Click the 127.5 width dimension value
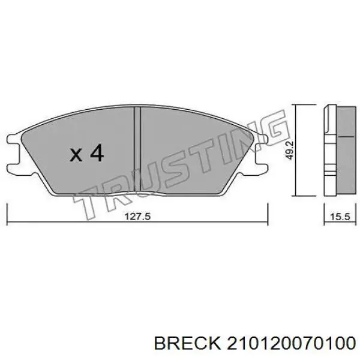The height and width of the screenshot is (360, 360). (x=137, y=217)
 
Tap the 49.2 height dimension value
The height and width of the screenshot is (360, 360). (x=290, y=151)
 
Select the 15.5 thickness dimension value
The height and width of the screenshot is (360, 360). (x=340, y=217)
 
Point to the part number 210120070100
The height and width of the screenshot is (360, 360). (x=292, y=344)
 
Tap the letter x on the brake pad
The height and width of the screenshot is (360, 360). (x=76, y=155)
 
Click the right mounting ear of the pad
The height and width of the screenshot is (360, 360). (x=262, y=152)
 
